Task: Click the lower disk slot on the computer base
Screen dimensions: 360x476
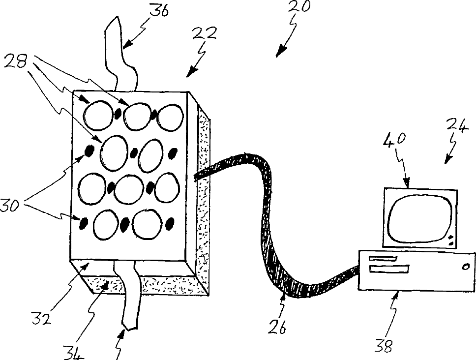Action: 388,269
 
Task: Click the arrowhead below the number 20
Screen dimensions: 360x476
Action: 280,51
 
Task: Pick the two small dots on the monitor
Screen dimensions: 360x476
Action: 450,241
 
